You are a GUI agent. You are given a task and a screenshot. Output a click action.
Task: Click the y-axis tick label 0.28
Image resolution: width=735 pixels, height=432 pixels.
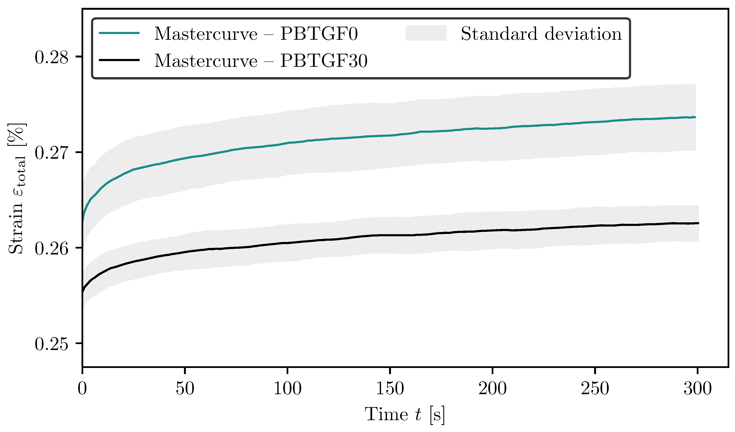coord(51,57)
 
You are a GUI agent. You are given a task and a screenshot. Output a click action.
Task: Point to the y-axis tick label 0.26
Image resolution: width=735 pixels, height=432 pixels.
coord(51,249)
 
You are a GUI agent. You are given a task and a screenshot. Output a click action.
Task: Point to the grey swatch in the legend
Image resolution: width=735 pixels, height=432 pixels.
coord(426,33)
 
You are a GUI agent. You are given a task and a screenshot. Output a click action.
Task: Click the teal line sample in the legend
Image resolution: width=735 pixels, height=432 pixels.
coord(119,33)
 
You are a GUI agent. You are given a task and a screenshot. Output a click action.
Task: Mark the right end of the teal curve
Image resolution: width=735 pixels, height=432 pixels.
coord(695,117)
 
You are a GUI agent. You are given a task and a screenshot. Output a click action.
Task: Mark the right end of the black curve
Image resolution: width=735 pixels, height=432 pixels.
coord(698,223)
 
